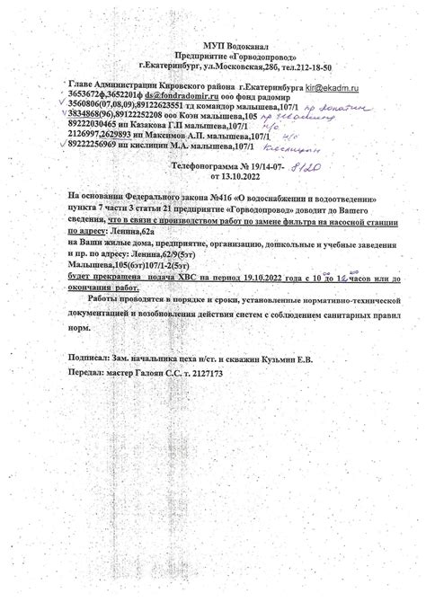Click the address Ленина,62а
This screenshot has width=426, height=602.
pos(146,233)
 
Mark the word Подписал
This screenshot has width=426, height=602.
pos(91,358)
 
